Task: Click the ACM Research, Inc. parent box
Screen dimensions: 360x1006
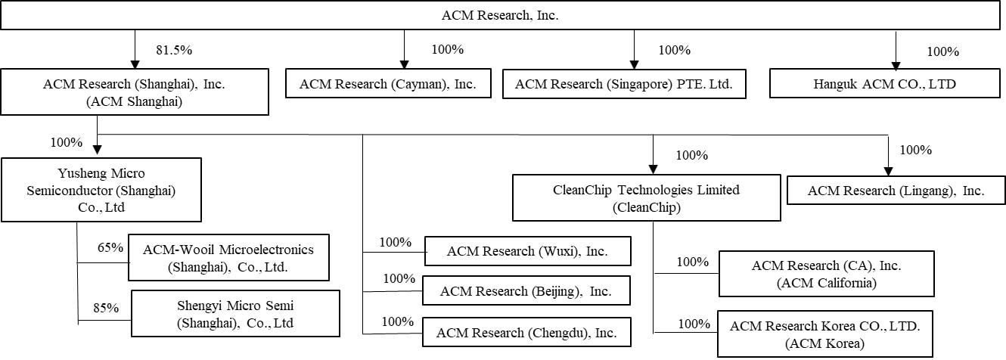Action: coord(502,15)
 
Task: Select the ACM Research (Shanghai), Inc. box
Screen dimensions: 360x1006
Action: coord(135,92)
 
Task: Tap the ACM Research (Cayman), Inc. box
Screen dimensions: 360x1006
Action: coord(388,84)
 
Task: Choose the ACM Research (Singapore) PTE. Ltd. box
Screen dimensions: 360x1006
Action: coord(624,84)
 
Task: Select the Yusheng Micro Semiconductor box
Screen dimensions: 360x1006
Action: coord(101,189)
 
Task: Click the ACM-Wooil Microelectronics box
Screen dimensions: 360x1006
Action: coord(228,257)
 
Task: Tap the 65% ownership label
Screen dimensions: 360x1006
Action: coord(110,247)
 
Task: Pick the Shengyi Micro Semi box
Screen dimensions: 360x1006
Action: coord(234,315)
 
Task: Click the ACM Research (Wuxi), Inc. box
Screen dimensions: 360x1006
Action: coord(527,251)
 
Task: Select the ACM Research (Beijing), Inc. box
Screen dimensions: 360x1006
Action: coord(526,290)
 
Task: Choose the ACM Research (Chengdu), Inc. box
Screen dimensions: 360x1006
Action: coord(526,331)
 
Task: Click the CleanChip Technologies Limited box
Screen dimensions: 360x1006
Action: coord(646,197)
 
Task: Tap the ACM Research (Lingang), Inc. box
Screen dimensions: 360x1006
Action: coord(896,191)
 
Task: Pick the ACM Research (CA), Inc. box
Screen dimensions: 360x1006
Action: coord(826,274)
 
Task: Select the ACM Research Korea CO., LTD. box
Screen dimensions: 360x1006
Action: coord(825,333)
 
